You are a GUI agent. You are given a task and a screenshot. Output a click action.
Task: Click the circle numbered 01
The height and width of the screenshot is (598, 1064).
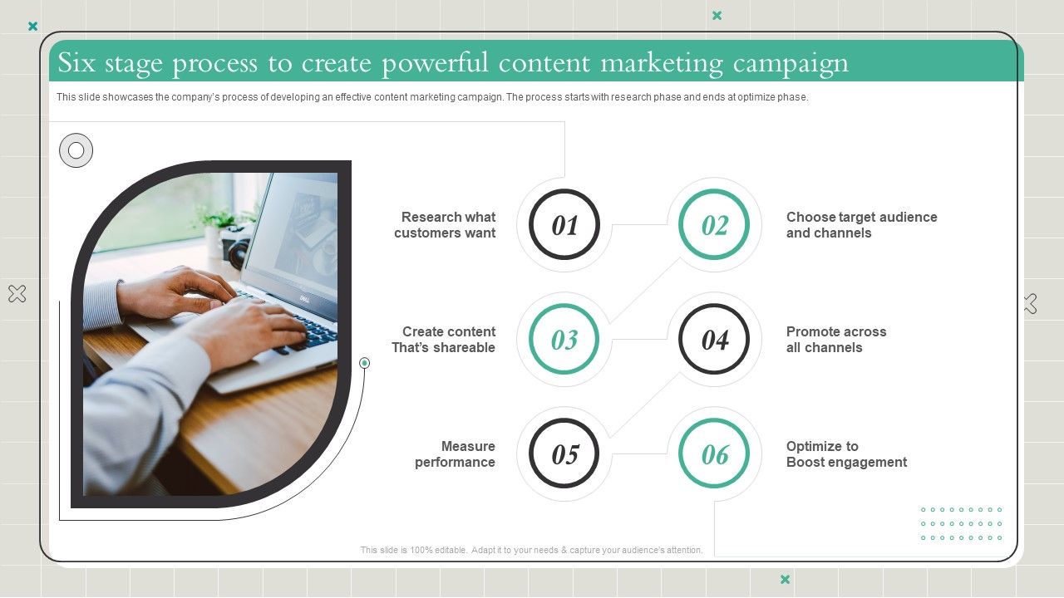point(564,225)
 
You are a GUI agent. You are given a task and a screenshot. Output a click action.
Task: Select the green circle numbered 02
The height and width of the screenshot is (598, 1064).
point(714,225)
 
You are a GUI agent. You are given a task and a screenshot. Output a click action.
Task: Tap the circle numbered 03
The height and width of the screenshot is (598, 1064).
point(564,340)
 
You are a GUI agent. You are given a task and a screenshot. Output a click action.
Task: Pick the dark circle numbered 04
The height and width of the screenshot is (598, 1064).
point(714,340)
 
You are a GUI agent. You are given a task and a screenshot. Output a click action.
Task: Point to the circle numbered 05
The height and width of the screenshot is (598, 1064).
point(564,454)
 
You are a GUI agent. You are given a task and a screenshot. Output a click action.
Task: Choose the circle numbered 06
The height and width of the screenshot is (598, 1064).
point(714,454)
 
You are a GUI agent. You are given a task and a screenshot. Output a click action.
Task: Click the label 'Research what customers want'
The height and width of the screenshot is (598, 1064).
point(446,225)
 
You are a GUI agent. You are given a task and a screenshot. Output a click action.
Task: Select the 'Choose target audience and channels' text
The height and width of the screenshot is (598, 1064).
point(861,225)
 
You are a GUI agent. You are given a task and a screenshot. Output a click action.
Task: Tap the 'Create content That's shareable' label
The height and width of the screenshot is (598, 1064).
point(444,340)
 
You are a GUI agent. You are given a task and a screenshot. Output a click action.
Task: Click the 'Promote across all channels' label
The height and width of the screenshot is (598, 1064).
point(836,340)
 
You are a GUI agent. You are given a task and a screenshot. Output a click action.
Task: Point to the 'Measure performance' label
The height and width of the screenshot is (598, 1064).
point(456,454)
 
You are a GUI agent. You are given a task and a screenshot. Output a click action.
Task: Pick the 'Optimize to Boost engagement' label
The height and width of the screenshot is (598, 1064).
point(846,454)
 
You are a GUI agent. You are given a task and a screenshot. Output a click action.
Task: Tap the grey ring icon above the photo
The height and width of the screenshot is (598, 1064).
point(76,150)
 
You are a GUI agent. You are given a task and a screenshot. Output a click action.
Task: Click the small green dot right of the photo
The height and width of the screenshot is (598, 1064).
point(364,363)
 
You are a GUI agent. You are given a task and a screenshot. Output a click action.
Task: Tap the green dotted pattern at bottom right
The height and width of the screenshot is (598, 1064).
point(961,524)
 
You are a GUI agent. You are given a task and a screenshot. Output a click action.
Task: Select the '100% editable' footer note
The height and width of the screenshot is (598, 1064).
point(532,550)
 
